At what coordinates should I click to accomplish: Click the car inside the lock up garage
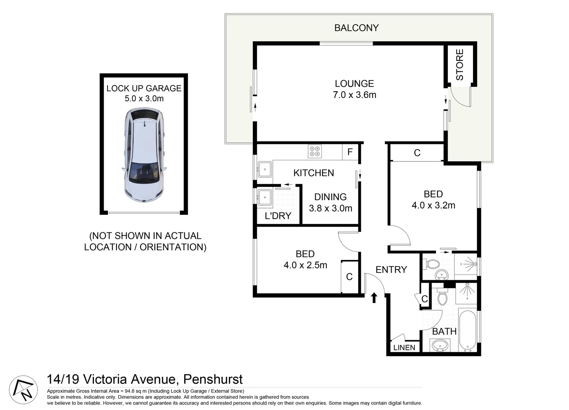[x=144, y=155]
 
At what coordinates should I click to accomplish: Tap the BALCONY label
[x=356, y=28]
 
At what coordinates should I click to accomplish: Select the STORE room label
[x=460, y=65]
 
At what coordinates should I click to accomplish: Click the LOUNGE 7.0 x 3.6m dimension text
[x=354, y=95]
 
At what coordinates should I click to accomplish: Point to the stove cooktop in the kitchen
[x=315, y=151]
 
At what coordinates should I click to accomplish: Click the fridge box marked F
[x=350, y=152]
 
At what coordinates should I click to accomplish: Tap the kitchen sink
[x=264, y=169]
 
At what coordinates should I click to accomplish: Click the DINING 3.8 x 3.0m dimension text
[x=330, y=208]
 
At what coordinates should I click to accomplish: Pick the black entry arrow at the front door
[x=374, y=298]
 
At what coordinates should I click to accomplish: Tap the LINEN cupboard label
[x=404, y=347]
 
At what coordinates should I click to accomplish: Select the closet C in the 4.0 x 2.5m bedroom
[x=349, y=277]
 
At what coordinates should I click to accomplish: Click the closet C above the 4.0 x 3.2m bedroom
[x=417, y=153]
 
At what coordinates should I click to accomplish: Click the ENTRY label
[x=391, y=270]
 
